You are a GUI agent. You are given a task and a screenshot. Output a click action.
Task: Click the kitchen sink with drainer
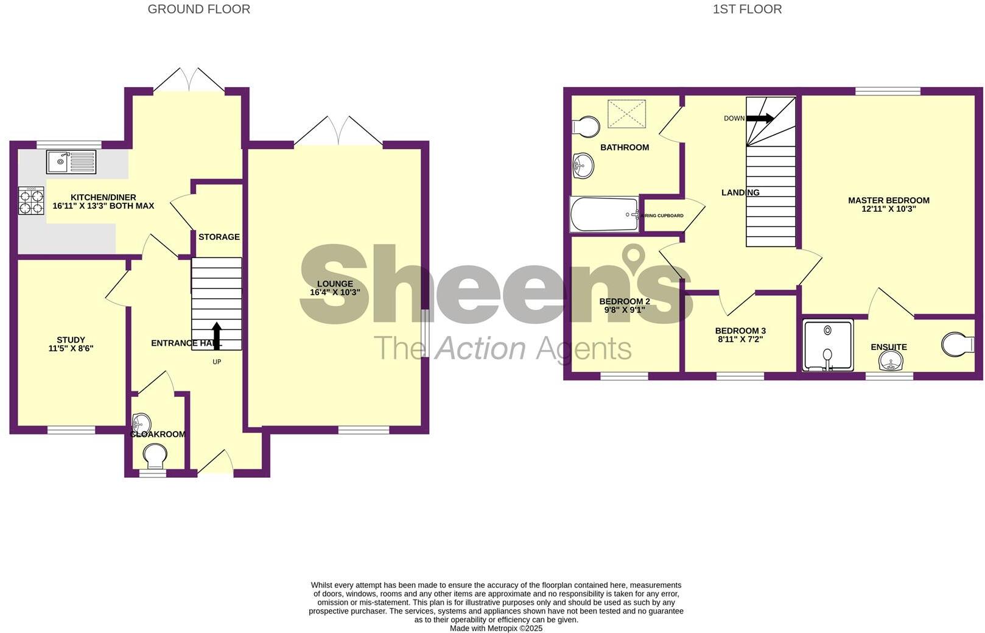[x=71, y=162]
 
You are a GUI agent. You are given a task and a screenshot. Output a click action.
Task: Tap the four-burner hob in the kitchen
[x=32, y=201]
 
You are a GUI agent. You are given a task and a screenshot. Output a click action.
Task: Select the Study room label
[x=71, y=340]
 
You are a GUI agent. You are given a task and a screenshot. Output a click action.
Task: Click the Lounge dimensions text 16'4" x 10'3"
[x=335, y=292]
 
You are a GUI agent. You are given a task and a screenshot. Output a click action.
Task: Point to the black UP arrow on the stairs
[x=216, y=335]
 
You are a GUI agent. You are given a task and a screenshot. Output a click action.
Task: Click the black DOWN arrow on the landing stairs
[x=760, y=118]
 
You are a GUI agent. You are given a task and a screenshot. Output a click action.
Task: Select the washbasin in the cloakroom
[x=141, y=422]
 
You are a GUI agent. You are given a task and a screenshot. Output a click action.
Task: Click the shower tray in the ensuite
[x=828, y=346]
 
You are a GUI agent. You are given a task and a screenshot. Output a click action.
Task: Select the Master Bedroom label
[x=888, y=200]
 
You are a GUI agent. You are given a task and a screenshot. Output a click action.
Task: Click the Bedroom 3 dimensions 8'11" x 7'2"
[x=740, y=340]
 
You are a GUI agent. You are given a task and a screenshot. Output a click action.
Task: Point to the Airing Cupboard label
[x=664, y=215]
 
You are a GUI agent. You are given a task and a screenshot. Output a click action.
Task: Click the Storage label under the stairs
[x=219, y=237]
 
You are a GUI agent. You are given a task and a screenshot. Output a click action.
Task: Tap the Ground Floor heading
[x=198, y=9]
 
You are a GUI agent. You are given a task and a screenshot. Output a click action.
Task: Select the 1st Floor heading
[x=747, y=9]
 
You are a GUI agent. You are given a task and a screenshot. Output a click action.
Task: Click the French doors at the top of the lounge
[x=338, y=131]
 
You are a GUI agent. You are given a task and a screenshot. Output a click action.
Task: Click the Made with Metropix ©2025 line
[x=496, y=628]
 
